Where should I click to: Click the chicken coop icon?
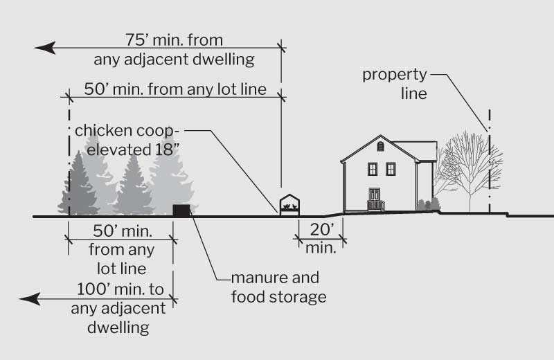click(290, 205)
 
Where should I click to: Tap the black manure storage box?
click(181, 209)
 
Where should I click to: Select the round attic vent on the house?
click(379, 146)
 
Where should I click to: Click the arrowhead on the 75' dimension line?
click(44, 48)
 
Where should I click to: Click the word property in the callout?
click(395, 75)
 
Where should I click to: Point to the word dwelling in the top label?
click(220, 59)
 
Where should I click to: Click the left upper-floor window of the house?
click(373, 168)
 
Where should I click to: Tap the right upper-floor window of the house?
click(391, 168)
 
